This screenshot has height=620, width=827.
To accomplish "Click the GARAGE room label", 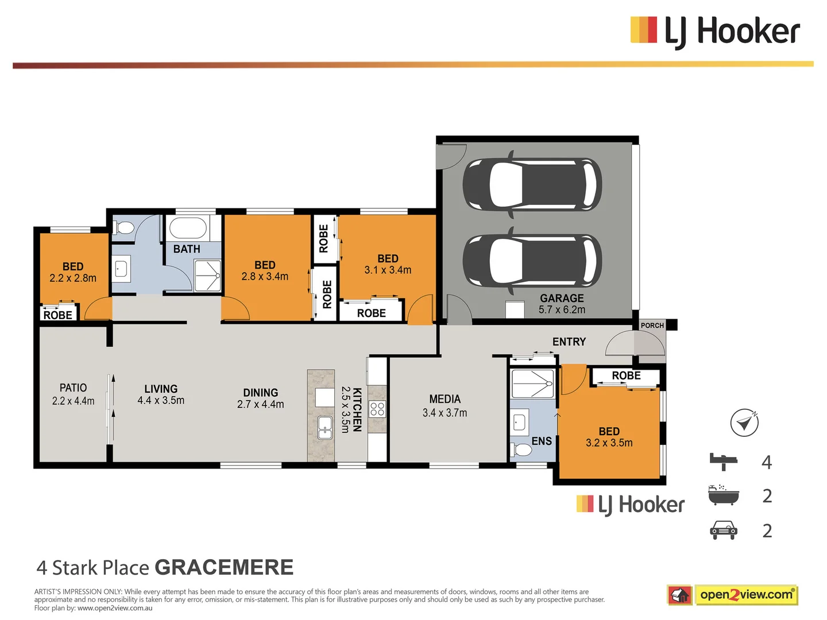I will click(562, 299).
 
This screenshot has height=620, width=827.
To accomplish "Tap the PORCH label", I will click(652, 325).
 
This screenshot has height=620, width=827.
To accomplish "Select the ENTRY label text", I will click(569, 342).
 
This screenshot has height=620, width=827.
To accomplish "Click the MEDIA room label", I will click(445, 399).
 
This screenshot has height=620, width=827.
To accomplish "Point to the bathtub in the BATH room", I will click(188, 228).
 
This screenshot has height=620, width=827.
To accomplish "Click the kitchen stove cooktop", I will click(377, 409).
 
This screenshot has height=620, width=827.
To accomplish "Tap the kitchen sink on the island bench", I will click(325, 427).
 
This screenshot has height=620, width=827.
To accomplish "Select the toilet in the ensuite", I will click(521, 449).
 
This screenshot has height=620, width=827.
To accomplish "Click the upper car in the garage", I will click(532, 184).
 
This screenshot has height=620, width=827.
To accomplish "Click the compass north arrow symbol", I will click(744, 423).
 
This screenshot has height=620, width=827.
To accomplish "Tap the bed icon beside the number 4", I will click(723, 461).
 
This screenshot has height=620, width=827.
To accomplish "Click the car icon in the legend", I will click(723, 530).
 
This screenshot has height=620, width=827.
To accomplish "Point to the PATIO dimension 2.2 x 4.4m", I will click(73, 401).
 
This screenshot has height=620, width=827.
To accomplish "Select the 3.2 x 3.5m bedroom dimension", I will click(609, 443).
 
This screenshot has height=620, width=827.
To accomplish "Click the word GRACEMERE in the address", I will click(224, 567).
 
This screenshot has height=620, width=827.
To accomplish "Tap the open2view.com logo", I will click(745, 595).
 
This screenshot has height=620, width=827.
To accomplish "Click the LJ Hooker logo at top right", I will click(715, 31).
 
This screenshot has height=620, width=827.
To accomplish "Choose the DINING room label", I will click(260, 393).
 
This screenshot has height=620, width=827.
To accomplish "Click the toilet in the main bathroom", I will click(123, 228).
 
